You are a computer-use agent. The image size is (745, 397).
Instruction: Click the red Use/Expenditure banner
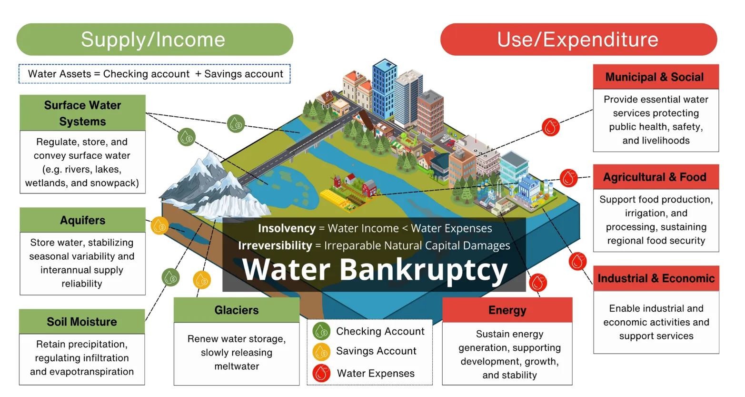click(578, 40)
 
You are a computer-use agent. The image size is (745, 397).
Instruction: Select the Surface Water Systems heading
click(82, 113)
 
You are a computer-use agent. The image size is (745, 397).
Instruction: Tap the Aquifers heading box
click(82, 220)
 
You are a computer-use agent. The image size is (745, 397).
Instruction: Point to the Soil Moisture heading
click(82, 322)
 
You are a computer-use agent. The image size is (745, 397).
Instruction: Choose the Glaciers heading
click(237, 310)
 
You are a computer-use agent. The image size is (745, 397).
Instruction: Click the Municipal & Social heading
click(656, 77)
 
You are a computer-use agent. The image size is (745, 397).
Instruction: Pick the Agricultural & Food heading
click(656, 177)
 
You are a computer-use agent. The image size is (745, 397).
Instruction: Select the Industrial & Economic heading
click(656, 278)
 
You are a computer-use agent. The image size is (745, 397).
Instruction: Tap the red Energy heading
click(507, 310)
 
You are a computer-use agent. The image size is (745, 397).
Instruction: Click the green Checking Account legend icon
click(322, 331)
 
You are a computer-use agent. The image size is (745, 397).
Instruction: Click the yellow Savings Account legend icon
click(322, 352)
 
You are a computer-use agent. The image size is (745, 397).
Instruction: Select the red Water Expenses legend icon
click(322, 373)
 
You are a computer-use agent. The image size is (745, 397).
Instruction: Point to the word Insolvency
click(287, 228)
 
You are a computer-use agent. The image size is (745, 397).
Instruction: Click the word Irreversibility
click(275, 245)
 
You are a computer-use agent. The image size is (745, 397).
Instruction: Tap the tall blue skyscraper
click(384, 88)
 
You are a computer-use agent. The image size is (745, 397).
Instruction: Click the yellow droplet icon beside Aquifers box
click(159, 226)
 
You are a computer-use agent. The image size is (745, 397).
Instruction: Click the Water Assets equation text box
click(155, 74)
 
